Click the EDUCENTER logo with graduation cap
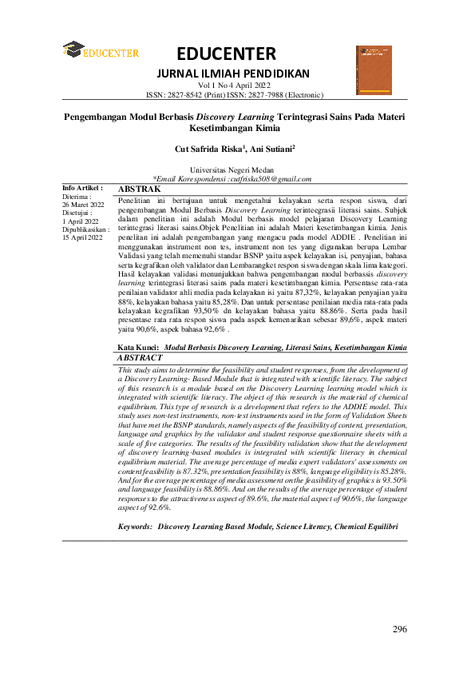101,51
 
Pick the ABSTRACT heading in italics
140,359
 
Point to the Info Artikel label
82,188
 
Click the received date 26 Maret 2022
83,205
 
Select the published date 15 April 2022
83,238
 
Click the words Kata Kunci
137,348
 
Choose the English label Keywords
135,528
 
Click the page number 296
399,629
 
